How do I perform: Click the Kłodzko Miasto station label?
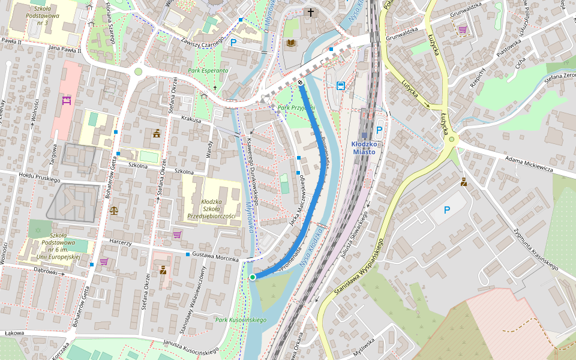[x=364, y=148]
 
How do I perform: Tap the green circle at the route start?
[x=253, y=277]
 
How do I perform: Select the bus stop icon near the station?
[x=341, y=86]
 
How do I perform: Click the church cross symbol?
[x=311, y=12]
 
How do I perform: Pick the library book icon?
[x=291, y=43]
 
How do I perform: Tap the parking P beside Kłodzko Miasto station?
[x=379, y=130]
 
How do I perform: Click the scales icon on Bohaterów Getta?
[x=114, y=211]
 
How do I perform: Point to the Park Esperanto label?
[x=208, y=70]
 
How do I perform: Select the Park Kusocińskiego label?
[x=241, y=320]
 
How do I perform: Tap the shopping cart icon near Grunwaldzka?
[x=463, y=29]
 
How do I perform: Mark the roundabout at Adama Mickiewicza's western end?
[x=451, y=139]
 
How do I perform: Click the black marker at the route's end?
[x=300, y=82]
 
